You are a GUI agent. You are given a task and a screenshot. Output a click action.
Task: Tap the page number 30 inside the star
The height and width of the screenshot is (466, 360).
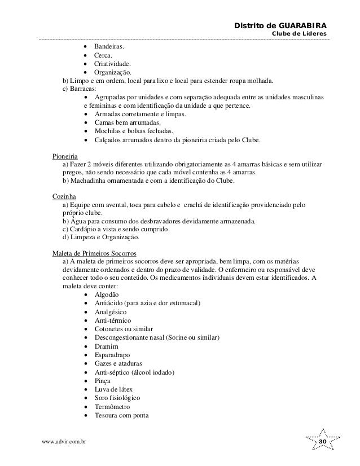point(323,440)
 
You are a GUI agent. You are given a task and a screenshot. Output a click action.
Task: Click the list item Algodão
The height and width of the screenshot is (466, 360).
point(106,295)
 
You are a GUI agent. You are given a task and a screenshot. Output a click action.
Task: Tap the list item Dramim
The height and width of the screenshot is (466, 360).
point(106,346)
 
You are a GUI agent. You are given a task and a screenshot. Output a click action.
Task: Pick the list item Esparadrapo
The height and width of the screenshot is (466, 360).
point(111,355)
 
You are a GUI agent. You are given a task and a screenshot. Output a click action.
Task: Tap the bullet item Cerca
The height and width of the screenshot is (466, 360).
point(103,55)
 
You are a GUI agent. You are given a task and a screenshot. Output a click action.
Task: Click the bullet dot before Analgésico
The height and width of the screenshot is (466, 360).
point(85,313)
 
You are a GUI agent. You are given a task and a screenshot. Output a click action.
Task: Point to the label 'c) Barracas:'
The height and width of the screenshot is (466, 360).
point(79,89)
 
